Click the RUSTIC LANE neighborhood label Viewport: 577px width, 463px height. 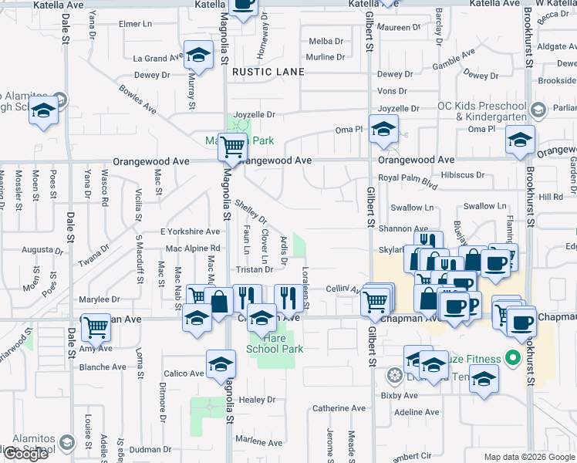coord(265,72)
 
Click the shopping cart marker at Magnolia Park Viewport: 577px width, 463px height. coord(232,146)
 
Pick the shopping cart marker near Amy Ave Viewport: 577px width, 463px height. coord(96,327)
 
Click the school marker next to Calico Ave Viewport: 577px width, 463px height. coord(221,364)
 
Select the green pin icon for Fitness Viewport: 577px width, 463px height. coord(511,358)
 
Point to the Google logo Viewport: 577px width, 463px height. coord(25,454)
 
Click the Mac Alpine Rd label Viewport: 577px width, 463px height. coord(193,248)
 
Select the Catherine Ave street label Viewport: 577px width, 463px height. coord(339,408)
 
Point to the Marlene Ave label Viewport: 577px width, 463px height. coord(259,441)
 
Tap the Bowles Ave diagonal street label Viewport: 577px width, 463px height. coord(137,100)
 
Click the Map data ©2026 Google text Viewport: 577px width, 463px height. coord(529,457)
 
